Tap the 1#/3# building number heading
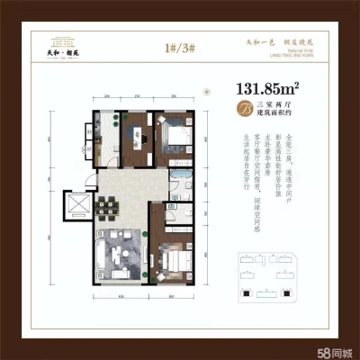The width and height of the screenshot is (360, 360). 180,47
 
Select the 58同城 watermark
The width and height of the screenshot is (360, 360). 334,349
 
